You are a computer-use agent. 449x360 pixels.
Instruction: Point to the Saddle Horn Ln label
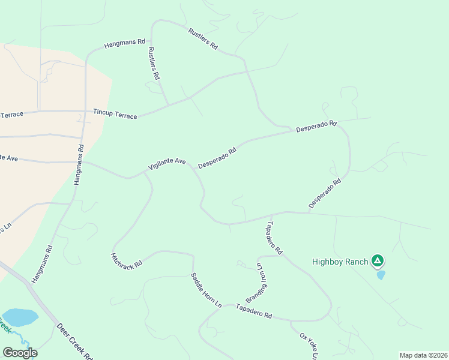tap(206, 290)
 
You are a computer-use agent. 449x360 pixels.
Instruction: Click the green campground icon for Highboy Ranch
tap(377, 260)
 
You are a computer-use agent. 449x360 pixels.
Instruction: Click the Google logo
tap(20, 353)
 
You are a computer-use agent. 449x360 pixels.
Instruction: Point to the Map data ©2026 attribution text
tap(423, 355)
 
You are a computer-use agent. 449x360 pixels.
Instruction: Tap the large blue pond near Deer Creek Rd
tap(20, 317)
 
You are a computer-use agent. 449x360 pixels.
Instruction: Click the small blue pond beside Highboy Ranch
tap(381, 275)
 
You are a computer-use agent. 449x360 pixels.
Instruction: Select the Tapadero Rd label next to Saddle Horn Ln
tap(254, 311)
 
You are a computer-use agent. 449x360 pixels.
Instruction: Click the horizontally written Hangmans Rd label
tap(125, 43)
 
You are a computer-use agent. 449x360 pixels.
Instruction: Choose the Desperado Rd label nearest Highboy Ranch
tap(325, 193)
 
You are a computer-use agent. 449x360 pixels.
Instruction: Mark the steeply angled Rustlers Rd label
tap(154, 64)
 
